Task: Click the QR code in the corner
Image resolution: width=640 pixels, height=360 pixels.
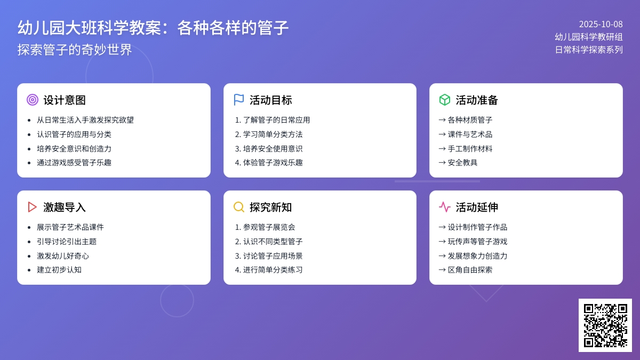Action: tap(605, 325)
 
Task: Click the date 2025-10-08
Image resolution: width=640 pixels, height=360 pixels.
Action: tap(601, 24)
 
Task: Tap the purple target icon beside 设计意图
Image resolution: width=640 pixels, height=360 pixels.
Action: tap(33, 100)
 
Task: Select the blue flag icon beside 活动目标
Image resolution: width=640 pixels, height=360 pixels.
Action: tap(239, 100)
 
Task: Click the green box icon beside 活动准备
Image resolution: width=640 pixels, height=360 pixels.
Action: tap(445, 100)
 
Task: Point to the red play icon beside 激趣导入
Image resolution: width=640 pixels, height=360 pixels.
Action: tap(33, 207)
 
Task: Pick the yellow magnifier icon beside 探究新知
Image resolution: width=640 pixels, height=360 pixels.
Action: tap(239, 207)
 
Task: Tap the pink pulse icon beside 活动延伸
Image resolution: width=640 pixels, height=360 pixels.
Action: tap(445, 207)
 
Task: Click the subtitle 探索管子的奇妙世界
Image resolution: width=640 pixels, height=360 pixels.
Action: tap(75, 50)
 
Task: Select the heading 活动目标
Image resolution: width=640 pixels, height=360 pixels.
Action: tap(270, 100)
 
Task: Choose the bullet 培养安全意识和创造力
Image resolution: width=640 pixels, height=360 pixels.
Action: tap(74, 149)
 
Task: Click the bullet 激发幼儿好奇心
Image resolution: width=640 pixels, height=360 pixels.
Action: tap(63, 256)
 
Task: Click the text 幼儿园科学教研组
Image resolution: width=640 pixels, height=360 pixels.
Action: tap(588, 37)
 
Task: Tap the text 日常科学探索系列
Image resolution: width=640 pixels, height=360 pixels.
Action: tap(588, 50)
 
